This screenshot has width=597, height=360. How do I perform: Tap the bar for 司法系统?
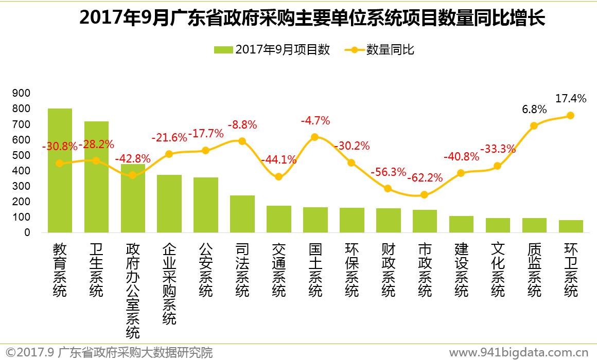242,214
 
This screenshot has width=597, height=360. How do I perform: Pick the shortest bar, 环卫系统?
571,226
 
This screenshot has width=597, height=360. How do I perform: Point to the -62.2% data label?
425,178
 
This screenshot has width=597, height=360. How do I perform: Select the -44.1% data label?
279,160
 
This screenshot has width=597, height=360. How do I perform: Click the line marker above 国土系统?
314,137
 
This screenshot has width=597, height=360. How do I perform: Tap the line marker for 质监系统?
534,125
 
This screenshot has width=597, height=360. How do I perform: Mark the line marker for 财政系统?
388,189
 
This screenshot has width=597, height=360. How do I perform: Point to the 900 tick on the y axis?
24,93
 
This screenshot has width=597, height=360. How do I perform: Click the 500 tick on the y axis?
24,155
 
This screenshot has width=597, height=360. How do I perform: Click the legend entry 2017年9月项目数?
272,50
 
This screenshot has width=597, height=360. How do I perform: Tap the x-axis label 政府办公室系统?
133,291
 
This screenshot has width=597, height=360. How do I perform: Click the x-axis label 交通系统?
279,270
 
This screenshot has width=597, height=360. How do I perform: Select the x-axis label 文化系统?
498,270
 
